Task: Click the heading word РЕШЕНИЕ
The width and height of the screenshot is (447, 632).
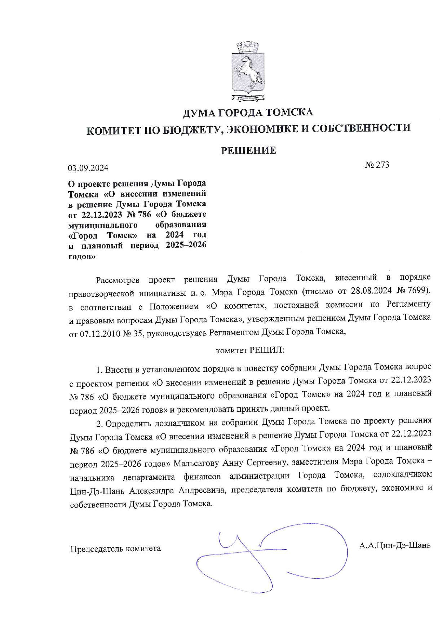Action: [x=248, y=151]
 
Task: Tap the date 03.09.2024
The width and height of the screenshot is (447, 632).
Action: [x=88, y=168]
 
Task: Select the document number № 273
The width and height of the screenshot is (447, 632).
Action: [x=377, y=165]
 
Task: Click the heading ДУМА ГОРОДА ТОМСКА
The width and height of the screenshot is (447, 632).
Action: [x=248, y=113]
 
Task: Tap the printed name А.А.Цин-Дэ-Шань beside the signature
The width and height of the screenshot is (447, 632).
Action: [x=395, y=545]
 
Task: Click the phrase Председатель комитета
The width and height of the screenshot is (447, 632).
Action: [x=115, y=549]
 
